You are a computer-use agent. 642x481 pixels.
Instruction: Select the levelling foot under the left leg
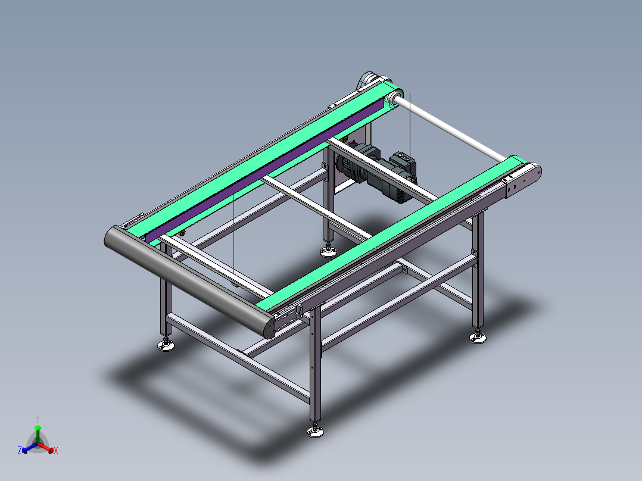(166, 344)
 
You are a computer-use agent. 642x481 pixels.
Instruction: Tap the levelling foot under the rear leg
(327, 251)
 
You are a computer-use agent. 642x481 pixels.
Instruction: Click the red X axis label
(55, 451)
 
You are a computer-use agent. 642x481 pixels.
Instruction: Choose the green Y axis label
(37, 418)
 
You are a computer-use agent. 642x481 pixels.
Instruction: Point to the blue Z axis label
(20, 451)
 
